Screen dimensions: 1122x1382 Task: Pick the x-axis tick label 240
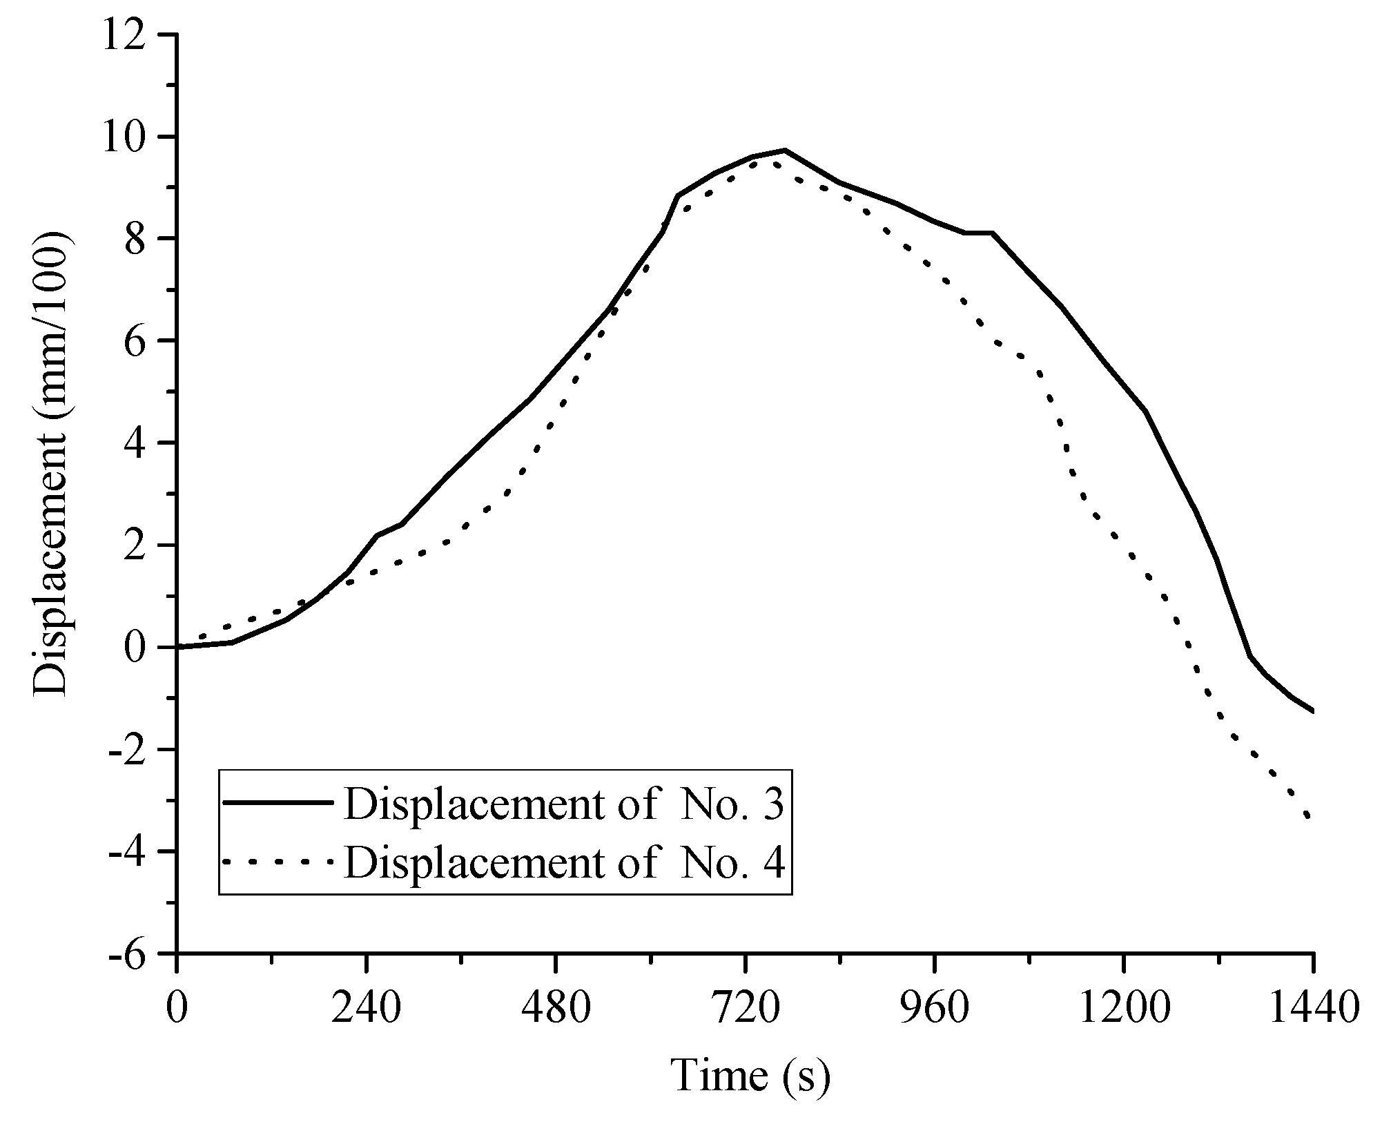[366, 1010]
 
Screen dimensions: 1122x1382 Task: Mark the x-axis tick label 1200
[1123, 1010]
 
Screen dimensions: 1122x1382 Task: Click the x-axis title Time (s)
[750, 1076]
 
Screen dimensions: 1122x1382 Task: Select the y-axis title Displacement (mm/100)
[52, 463]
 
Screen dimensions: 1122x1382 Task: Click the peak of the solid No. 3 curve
[785, 149]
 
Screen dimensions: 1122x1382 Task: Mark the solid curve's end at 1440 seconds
[1311, 711]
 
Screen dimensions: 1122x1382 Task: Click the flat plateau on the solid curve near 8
[979, 233]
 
